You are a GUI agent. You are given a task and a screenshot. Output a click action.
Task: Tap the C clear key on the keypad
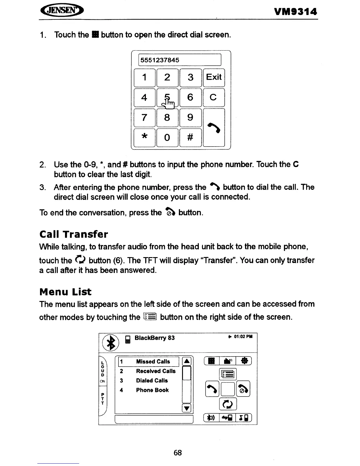[x=214, y=97]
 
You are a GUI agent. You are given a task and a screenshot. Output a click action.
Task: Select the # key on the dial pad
[x=190, y=137]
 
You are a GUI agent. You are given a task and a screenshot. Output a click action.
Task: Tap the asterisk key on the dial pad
[x=144, y=137]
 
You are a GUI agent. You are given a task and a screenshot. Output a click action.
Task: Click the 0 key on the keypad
[x=167, y=137]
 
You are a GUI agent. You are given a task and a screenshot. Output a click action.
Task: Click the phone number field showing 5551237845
[x=179, y=60]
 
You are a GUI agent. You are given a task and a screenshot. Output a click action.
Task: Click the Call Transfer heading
[x=74, y=234]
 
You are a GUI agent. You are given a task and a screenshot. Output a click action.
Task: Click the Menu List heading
[x=65, y=292]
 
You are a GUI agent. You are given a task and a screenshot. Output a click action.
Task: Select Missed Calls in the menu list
[x=153, y=362]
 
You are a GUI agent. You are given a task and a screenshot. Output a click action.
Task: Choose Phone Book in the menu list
[x=152, y=390]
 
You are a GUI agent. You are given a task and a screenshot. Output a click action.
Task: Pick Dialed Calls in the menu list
[x=152, y=380]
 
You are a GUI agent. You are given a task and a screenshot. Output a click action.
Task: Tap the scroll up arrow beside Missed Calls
[x=187, y=362]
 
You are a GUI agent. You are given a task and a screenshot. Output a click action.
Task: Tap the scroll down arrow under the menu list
[x=187, y=408]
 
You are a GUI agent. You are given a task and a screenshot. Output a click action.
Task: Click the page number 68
[x=178, y=452]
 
